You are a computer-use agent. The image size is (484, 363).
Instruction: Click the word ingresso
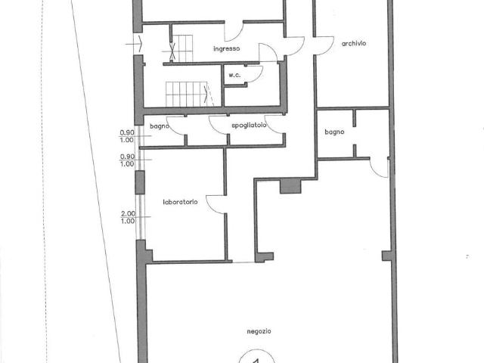point(227,48)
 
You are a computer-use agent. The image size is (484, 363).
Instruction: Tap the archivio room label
point(354,44)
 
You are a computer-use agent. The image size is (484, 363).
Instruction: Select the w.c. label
point(234,75)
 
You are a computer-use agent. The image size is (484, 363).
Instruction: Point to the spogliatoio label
point(249,126)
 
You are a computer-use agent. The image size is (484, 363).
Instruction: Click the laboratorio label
point(180,202)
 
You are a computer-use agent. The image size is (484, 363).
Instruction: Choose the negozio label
point(259,331)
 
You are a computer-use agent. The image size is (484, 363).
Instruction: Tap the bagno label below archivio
point(334,132)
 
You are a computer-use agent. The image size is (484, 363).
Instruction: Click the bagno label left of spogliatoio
point(160,126)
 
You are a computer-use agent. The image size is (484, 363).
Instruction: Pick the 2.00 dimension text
point(128,213)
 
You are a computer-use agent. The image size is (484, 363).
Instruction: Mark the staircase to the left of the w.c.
point(187,94)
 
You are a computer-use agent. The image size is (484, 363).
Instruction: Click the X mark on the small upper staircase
point(172,51)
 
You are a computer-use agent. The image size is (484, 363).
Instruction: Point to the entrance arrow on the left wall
point(135,44)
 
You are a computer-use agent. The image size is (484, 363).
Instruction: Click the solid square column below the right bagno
point(290,187)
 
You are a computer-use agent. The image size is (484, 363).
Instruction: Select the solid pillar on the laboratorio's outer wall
point(140,182)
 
